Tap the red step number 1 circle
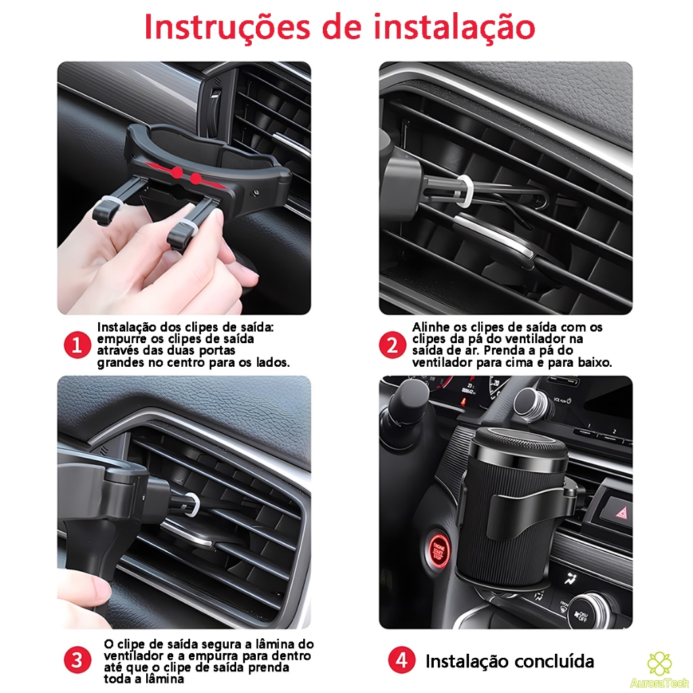click(77, 345)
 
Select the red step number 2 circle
click(393, 345)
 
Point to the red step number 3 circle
click(77, 661)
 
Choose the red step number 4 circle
click(401, 661)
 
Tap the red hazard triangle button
click(622, 513)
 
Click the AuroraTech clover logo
click(659, 663)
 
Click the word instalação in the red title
click(454, 27)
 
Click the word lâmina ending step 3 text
click(164, 678)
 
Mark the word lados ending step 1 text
click(273, 363)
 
